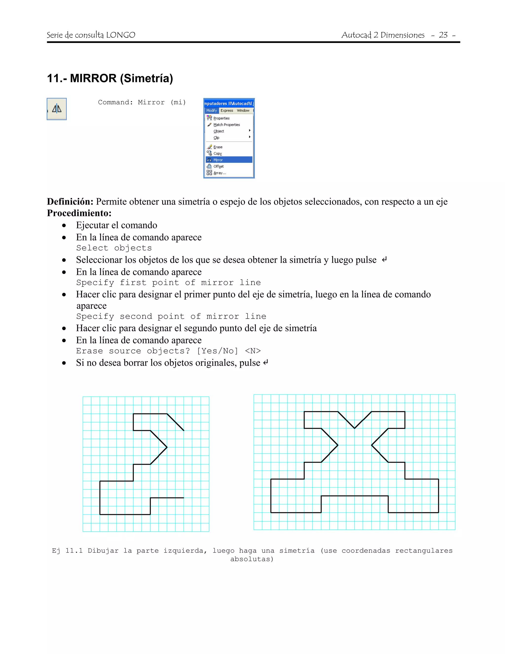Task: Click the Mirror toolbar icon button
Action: pyautogui.click(x=56, y=109)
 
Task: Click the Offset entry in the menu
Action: pyautogui.click(x=218, y=167)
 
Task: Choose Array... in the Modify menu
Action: pyautogui.click(x=220, y=173)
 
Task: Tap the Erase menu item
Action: pyautogui.click(x=218, y=147)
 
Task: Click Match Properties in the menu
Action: pyautogui.click(x=226, y=125)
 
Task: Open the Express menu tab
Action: pyautogui.click(x=227, y=111)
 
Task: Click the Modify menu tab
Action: pyautogui.click(x=212, y=111)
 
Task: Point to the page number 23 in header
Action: pyautogui.click(x=443, y=35)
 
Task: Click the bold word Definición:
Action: pyautogui.click(x=70, y=202)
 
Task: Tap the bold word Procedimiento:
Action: pyautogui.click(x=79, y=213)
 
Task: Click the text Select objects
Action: pyautogui.click(x=114, y=248)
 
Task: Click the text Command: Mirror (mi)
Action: pyautogui.click(x=142, y=102)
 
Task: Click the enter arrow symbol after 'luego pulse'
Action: pyautogui.click(x=384, y=259)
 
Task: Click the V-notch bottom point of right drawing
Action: pyautogui.click(x=355, y=428)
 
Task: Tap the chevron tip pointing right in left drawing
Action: pyautogui.click(x=167, y=447)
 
